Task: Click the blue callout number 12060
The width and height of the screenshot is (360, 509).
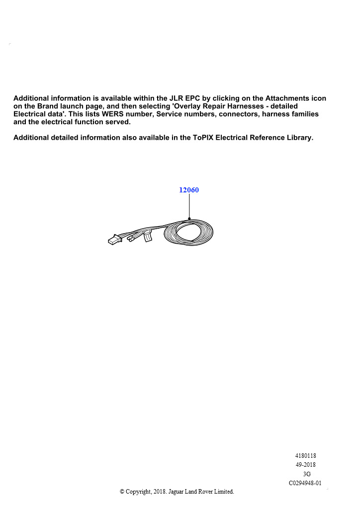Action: point(189,190)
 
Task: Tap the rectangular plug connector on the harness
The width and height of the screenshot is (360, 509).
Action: point(114,240)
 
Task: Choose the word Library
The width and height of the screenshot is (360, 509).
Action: point(298,138)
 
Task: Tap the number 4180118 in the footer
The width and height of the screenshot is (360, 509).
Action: point(306,455)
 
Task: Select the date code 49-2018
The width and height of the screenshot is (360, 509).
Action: point(306,465)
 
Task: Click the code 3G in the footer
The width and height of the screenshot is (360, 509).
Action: point(307,474)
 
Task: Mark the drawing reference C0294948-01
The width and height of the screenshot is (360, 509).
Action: point(305,483)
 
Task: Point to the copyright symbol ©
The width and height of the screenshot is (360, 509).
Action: point(122,492)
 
